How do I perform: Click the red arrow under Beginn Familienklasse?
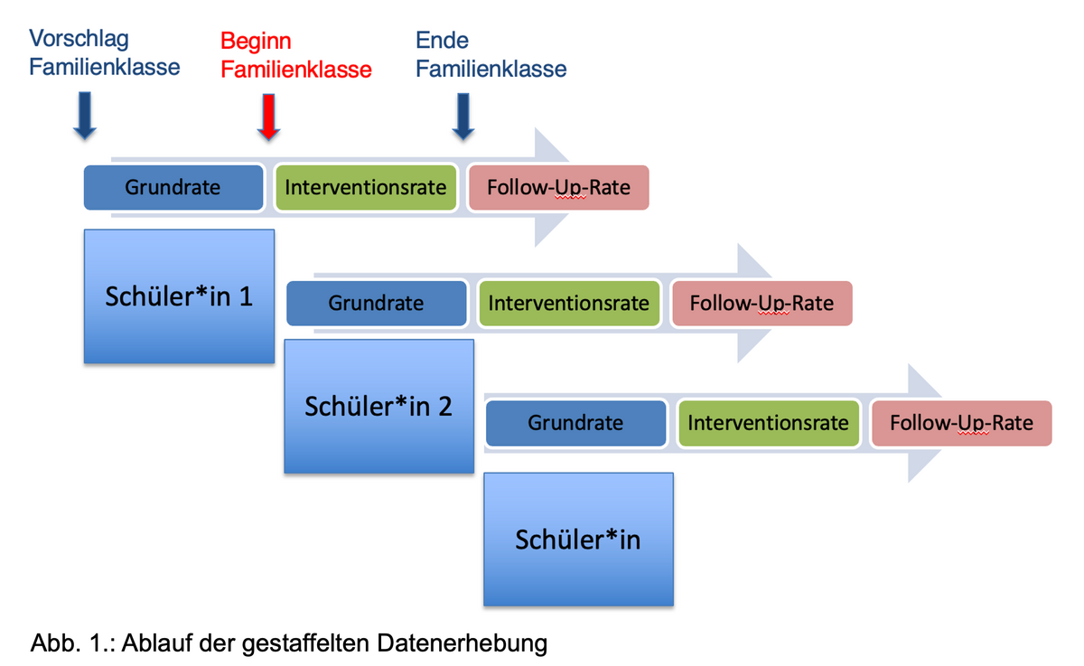[x=268, y=117]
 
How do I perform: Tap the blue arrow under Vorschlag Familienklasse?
[x=85, y=115]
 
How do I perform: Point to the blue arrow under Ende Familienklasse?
[x=463, y=117]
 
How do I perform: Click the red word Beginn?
[x=256, y=42]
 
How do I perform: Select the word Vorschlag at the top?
[x=79, y=39]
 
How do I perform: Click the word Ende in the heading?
[x=442, y=40]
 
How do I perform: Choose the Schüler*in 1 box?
[x=179, y=296]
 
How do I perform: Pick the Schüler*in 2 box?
[x=378, y=406]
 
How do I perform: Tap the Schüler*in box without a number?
[x=578, y=539]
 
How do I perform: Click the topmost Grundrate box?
[x=173, y=187]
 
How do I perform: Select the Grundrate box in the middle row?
[x=377, y=304]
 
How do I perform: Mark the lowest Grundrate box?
[x=576, y=423]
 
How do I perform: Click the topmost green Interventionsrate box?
[x=366, y=187]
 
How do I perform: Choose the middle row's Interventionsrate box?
[x=569, y=304]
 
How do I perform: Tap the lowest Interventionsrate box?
[x=769, y=423]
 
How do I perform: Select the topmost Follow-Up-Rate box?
[x=559, y=187]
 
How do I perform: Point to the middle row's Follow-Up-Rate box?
[x=762, y=304]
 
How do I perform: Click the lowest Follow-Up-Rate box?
[x=961, y=423]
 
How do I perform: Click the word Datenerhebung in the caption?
[x=463, y=643]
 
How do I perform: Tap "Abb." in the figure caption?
[x=55, y=643]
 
